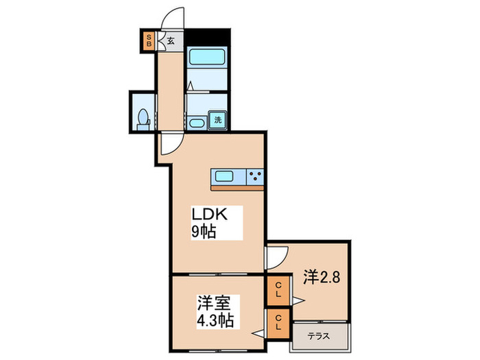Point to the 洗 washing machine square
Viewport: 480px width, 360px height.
pos(217,119)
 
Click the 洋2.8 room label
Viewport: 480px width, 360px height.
pos(322,278)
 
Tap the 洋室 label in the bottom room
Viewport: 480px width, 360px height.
pos(213,302)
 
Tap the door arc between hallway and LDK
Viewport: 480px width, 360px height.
pos(171,143)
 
